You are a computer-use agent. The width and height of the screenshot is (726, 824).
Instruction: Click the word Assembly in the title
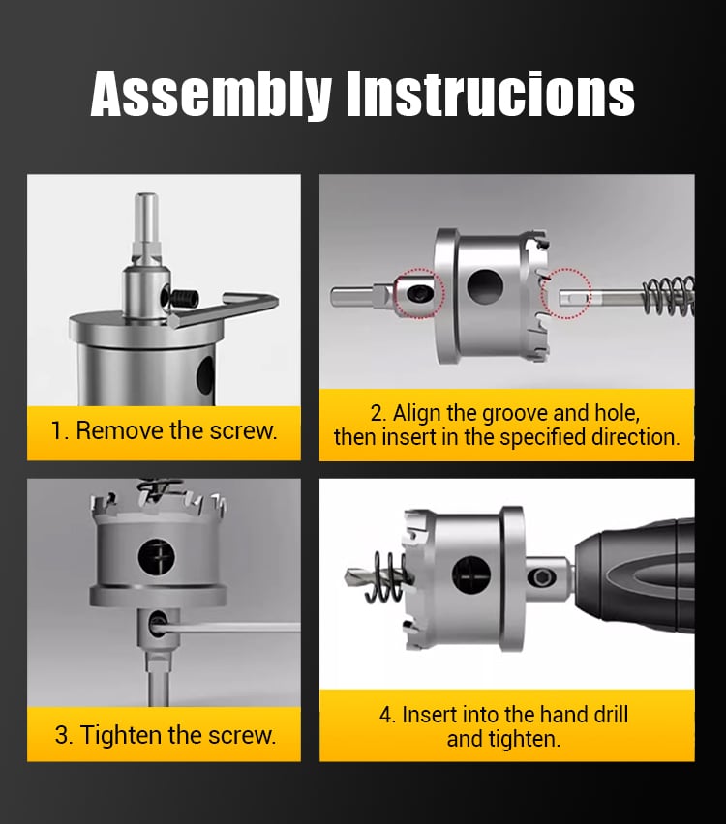[211, 95]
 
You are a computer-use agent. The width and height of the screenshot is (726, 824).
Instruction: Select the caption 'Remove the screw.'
[176, 431]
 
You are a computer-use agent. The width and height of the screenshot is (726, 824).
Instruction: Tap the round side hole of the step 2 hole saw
[485, 287]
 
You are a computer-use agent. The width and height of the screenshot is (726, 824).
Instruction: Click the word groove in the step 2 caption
[515, 413]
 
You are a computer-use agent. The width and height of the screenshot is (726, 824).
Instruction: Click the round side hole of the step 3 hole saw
[156, 556]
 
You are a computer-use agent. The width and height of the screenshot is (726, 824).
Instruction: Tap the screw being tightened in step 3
[157, 623]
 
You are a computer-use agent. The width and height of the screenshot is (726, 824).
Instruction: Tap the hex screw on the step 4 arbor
[541, 577]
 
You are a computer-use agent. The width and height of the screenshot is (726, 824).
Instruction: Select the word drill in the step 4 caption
[610, 715]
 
